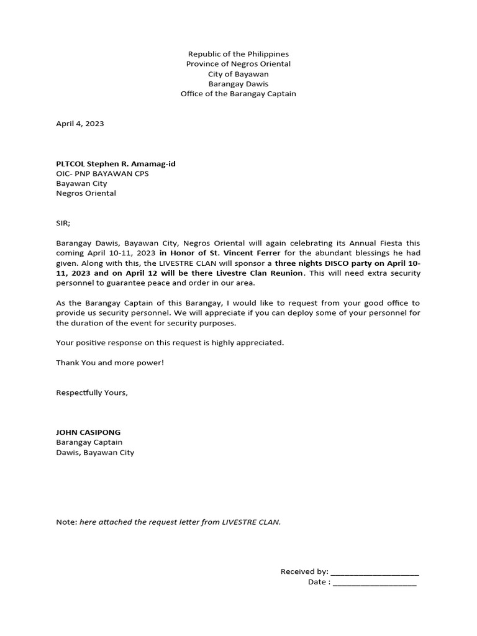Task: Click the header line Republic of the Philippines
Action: [x=238, y=54]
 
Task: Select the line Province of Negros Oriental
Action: [x=238, y=64]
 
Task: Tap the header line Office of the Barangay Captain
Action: [x=238, y=94]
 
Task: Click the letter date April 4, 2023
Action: [x=80, y=124]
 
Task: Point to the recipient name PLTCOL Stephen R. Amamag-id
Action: [x=116, y=163]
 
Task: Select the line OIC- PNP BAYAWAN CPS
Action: [x=102, y=173]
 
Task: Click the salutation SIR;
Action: [x=63, y=223]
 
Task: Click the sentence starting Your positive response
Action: [x=170, y=342]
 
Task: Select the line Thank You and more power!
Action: [x=110, y=362]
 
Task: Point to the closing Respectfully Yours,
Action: [x=92, y=393]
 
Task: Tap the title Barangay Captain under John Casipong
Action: [x=89, y=442]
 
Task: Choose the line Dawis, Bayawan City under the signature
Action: [x=95, y=452]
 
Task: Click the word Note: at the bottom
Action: [x=66, y=522]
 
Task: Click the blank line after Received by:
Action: [x=375, y=572]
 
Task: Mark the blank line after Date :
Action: [x=375, y=583]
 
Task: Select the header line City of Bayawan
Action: [x=238, y=74]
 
